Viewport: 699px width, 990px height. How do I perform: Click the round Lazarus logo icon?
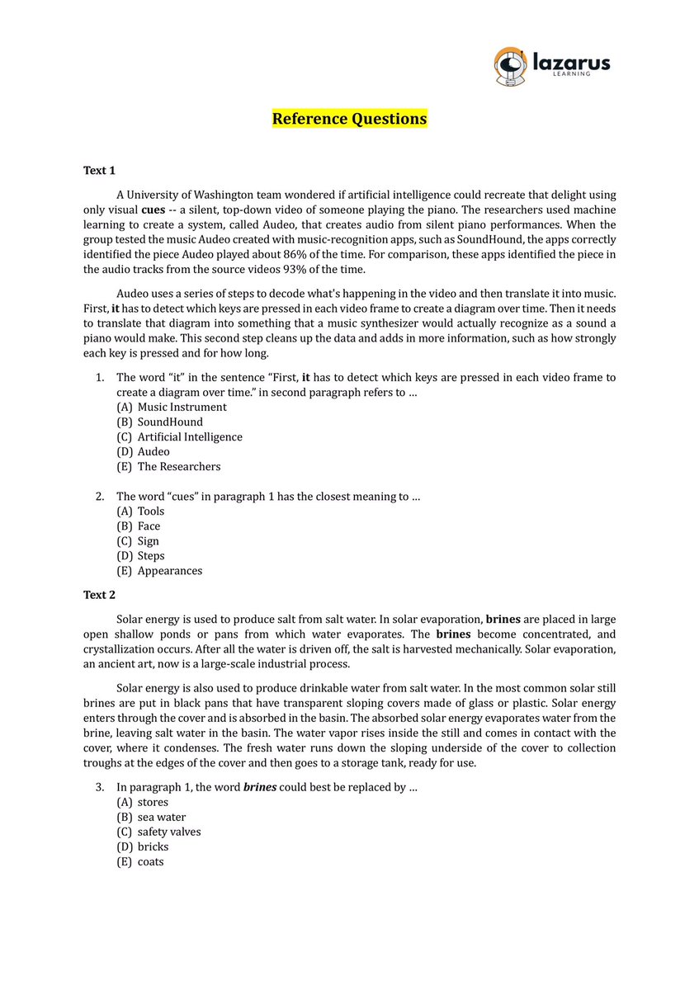(510, 66)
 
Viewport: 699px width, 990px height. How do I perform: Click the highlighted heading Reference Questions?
(349, 119)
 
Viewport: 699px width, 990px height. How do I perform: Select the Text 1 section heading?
(99, 170)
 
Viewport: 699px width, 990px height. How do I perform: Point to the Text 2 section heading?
(99, 594)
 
